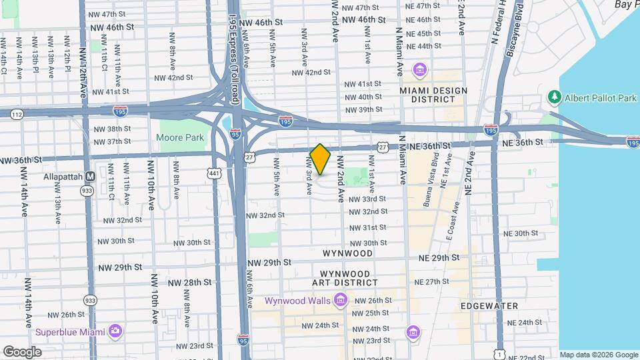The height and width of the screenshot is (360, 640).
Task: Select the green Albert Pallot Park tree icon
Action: [553, 98]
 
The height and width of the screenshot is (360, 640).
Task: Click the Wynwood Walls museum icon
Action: [341, 301]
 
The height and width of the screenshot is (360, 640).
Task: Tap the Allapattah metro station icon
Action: [91, 177]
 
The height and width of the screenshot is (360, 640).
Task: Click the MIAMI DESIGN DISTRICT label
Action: [433, 95]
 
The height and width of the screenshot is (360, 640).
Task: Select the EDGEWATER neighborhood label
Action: [489, 306]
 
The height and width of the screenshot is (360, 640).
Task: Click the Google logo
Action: [22, 351]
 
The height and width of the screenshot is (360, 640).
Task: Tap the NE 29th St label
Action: [439, 257]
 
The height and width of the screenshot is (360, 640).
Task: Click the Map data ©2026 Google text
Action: [598, 355]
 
